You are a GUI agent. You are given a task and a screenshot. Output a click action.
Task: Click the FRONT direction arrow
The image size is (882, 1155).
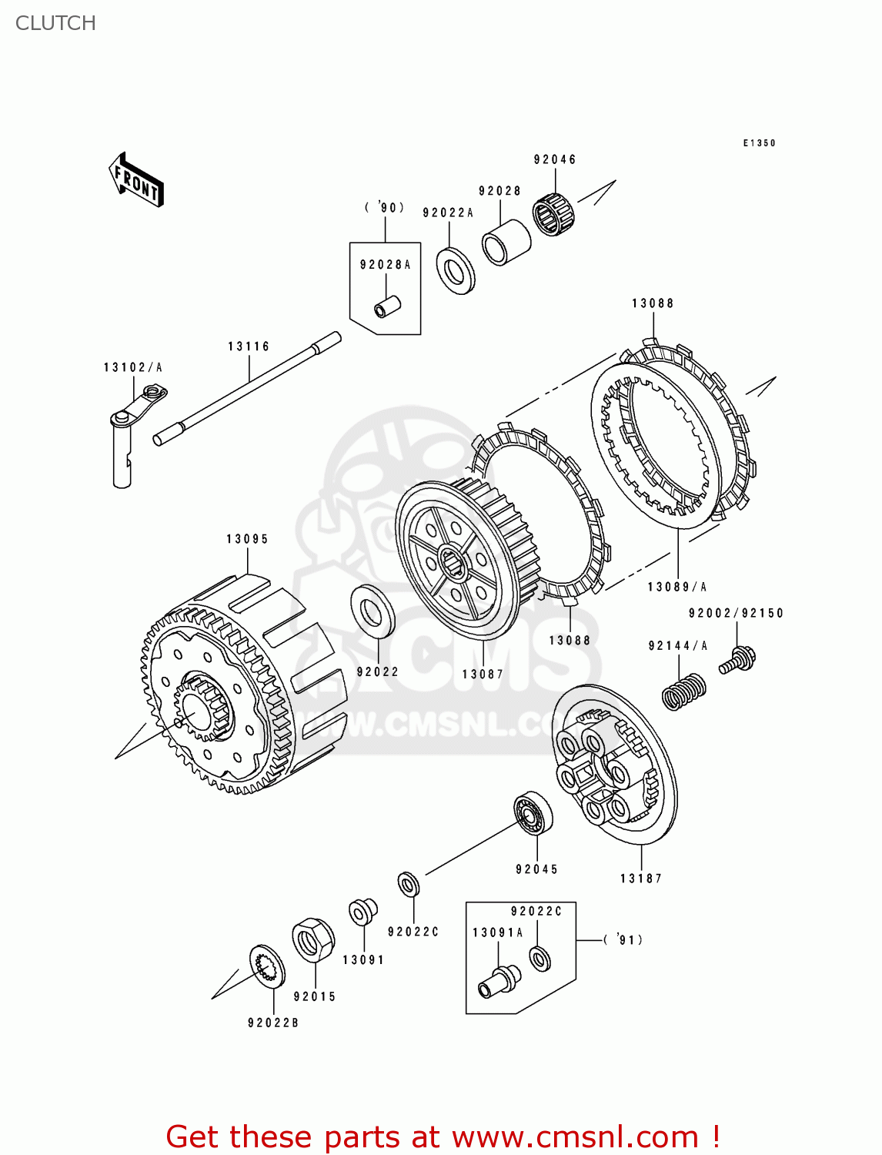(137, 179)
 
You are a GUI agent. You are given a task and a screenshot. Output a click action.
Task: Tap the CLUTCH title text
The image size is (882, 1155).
(55, 23)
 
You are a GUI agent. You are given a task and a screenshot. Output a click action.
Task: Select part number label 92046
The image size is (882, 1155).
(554, 159)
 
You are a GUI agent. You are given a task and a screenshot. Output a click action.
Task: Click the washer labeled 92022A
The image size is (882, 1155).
(456, 269)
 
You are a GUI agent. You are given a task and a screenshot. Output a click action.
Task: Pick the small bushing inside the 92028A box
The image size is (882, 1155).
(387, 306)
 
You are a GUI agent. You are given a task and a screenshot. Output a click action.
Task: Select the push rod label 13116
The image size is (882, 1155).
(249, 346)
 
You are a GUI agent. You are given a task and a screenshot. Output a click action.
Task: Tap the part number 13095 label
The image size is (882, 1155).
(247, 539)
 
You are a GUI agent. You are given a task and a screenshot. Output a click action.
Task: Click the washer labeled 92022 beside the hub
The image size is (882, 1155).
(373, 611)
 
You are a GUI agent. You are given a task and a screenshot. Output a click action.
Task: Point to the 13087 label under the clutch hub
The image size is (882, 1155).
(483, 674)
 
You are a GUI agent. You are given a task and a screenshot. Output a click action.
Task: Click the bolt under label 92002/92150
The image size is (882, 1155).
(737, 661)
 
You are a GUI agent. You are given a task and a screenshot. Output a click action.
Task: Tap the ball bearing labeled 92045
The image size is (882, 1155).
(533, 812)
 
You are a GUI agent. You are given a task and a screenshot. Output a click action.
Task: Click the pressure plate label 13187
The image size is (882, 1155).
(640, 878)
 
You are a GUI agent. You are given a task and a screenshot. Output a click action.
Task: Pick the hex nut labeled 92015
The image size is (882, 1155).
(313, 940)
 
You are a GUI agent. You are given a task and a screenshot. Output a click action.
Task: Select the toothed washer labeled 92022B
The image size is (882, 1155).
(267, 966)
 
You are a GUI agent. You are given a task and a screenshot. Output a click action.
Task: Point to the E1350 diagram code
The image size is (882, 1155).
(759, 143)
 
